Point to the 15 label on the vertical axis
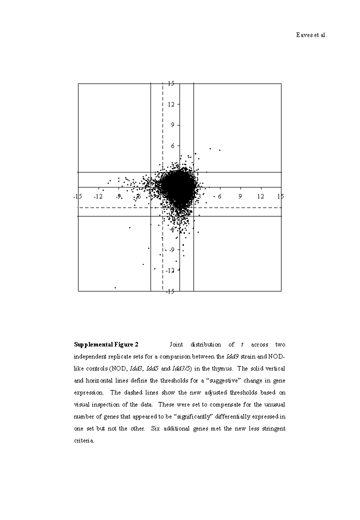point(171,83)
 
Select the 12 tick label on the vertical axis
point(171,104)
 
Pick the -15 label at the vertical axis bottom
point(170,291)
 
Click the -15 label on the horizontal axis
point(77,196)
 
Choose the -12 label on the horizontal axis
point(98,196)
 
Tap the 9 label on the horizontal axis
point(240,196)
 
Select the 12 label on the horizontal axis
point(260,196)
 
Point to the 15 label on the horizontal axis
point(280,196)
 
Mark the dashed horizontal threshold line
point(240,207)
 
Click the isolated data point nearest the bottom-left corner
point(115,287)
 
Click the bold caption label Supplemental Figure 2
point(106,344)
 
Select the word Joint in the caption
point(177,344)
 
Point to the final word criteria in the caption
point(83,440)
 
